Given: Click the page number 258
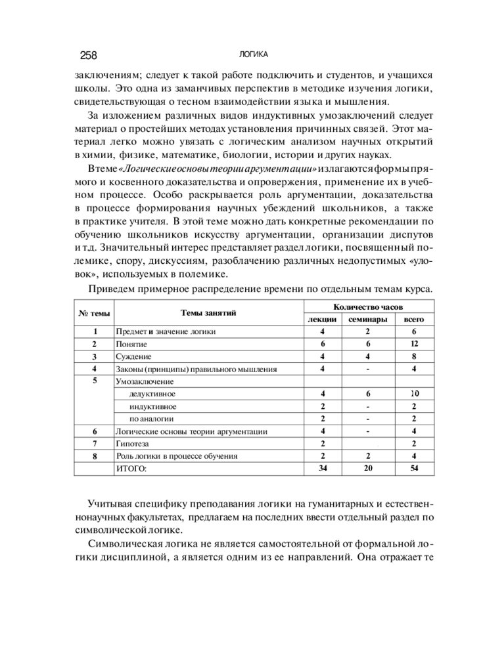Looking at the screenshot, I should (88, 55).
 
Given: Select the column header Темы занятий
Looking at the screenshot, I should (208, 313).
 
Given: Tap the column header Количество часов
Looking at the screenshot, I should (368, 306).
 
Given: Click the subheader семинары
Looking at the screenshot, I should (368, 320).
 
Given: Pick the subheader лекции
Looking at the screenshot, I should (323, 320).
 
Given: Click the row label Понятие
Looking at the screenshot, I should (131, 344).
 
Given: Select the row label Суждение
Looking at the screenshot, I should (133, 356).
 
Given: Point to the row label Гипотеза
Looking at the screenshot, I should (133, 444).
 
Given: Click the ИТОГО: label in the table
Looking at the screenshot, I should (132, 469).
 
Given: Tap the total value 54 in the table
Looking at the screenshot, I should (413, 469).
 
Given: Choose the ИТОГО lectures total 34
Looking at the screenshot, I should (323, 469).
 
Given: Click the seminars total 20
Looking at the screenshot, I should (368, 469).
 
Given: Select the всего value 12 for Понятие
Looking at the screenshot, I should (413, 344).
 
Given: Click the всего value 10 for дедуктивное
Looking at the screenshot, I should (413, 394).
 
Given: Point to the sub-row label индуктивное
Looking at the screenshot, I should (153, 406).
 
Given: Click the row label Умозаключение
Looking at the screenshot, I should (145, 381).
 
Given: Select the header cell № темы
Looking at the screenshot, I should (95, 313).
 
